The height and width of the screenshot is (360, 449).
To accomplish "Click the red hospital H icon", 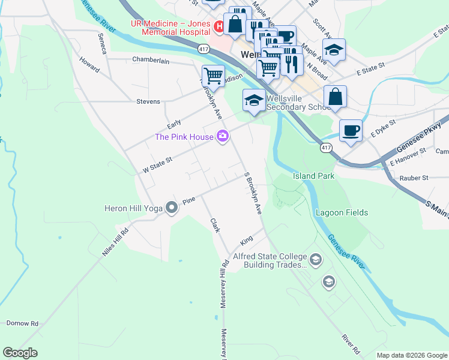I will point(219,26).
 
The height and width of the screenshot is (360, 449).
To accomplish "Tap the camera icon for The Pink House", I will point(223,137).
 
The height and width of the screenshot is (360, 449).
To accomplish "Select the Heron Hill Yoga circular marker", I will point(172,208).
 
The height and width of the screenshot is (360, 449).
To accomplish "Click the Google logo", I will point(20,353).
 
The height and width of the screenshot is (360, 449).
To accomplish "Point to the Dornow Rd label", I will point(22,323).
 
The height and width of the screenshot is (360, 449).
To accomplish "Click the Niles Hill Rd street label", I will point(115,242).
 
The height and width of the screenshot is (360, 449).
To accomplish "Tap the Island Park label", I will point(313,176).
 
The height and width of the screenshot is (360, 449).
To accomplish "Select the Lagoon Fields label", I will point(342,212).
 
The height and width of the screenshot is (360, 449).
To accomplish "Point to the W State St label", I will point(158,165).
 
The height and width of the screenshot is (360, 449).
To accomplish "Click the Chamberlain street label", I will point(151,60).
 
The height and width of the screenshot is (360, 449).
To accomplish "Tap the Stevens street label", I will point(148,101).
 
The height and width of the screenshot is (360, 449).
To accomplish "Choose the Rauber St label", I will point(413,178).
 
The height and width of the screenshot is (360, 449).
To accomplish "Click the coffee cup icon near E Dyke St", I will point(351,130).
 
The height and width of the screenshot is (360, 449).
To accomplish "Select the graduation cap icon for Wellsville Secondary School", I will point(254,100).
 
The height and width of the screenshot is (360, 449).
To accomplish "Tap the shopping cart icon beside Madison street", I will point(213,76).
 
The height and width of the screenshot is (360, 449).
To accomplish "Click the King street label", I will point(246,241).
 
